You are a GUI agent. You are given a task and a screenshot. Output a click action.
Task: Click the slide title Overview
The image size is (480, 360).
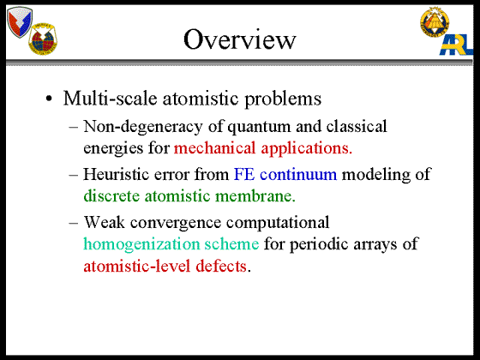[240, 39]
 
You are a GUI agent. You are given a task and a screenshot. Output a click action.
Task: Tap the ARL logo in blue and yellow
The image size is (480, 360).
[456, 45]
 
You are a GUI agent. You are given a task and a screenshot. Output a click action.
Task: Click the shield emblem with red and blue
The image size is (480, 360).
[20, 21]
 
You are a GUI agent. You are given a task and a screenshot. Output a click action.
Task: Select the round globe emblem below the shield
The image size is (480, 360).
[43, 39]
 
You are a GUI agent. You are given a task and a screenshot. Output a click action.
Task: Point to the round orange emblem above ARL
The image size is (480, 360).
[435, 21]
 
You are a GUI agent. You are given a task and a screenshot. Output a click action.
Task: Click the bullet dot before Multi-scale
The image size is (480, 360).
[49, 99]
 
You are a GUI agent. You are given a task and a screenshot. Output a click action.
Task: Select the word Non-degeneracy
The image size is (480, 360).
[143, 127]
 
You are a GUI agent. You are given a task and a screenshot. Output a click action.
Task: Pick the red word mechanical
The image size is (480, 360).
[214, 147]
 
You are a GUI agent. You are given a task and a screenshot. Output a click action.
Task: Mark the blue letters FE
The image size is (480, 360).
[244, 175]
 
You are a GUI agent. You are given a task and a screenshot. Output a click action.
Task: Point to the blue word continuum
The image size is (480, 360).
[298, 175]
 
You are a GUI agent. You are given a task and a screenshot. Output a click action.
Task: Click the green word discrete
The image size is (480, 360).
[111, 196]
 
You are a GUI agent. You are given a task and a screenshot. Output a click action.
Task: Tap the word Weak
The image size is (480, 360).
[105, 222]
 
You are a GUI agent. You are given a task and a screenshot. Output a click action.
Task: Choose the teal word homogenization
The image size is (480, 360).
[141, 245]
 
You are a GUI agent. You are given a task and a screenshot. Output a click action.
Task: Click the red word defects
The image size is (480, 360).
[221, 266]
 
